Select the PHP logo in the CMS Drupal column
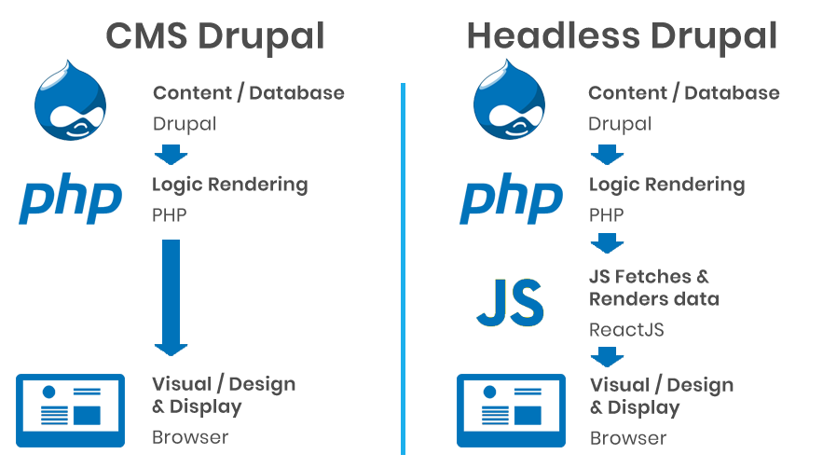tap(70, 198)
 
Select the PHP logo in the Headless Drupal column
tap(510, 198)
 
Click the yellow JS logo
tap(509, 302)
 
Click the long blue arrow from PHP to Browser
tap(171, 294)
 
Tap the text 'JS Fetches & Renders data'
tap(653, 288)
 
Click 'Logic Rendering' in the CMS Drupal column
tap(229, 185)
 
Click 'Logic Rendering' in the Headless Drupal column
tap(666, 185)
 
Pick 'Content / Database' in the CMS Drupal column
tap(248, 93)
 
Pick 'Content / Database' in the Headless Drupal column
tap(683, 93)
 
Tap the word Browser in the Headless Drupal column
tap(627, 437)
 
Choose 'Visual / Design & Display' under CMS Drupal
tap(224, 395)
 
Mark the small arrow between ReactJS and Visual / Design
tap(607, 356)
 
